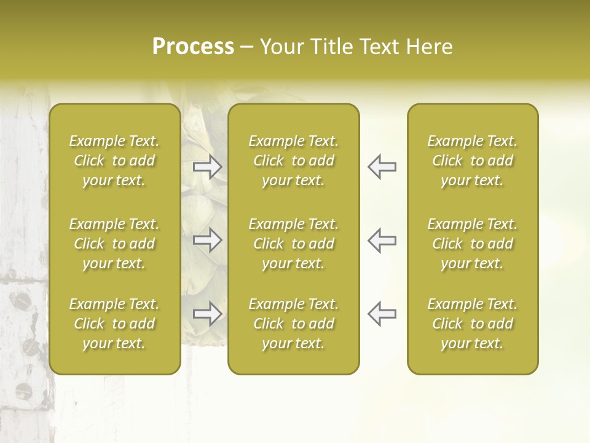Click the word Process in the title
click(x=193, y=47)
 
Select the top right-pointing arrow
click(x=208, y=167)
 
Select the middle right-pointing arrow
click(x=208, y=240)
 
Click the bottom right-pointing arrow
click(x=208, y=314)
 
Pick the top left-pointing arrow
click(x=382, y=167)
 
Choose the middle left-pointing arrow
click(x=382, y=240)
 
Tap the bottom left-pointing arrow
click(x=382, y=314)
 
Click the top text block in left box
click(x=114, y=161)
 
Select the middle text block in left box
click(x=114, y=244)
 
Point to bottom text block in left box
click(x=114, y=324)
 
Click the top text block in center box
click(x=293, y=161)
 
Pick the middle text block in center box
click(x=293, y=244)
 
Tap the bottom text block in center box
click(x=293, y=324)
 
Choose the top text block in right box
click(x=472, y=161)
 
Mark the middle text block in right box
click(x=472, y=244)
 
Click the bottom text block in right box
click(x=472, y=324)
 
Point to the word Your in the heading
click(x=281, y=47)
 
